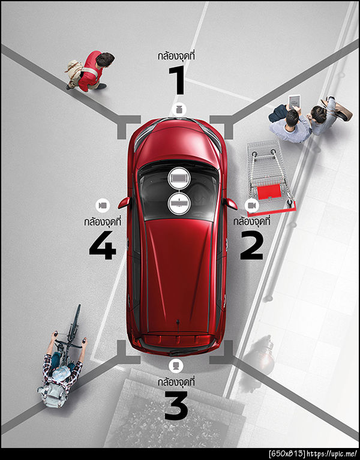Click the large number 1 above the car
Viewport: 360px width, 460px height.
coord(178,80)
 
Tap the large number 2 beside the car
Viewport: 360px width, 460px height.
coord(251,245)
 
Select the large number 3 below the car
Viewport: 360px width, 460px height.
coord(176,405)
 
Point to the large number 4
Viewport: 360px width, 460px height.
coord(103,245)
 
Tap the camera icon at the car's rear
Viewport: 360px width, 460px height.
coord(176,365)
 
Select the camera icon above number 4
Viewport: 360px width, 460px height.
coord(103,205)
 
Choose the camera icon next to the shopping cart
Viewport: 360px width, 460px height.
coord(251,205)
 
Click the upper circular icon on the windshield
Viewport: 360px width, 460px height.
coord(179,178)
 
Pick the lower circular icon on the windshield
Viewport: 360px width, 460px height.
coord(179,203)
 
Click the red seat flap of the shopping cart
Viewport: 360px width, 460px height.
coord(269,191)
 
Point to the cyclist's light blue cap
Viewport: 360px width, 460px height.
coord(62,372)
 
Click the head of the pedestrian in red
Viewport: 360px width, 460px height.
coord(105,59)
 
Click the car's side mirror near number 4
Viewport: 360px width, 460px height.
coord(124,203)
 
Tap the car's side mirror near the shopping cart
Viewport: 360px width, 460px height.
coord(232,203)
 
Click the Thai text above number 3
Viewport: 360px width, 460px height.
coord(176,382)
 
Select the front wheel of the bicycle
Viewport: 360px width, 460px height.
coord(75,320)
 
